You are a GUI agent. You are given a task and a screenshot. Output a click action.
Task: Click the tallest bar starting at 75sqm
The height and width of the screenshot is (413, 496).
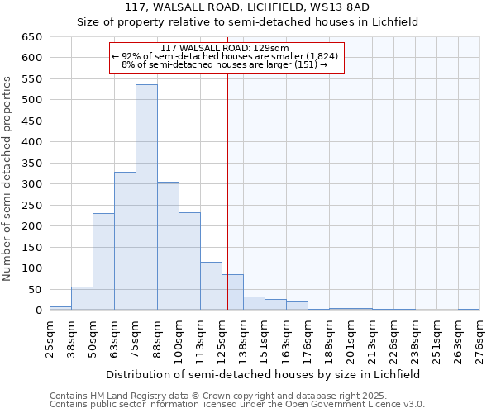[146, 197]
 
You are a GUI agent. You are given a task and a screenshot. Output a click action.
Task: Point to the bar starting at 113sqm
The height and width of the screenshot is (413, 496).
[211, 286]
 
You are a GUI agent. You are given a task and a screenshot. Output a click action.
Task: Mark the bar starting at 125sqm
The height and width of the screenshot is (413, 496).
[232, 292]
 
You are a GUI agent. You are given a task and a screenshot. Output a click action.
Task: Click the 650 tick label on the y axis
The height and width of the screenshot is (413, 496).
[31, 37]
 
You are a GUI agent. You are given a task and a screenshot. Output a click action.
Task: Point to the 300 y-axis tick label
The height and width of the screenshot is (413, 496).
[31, 184]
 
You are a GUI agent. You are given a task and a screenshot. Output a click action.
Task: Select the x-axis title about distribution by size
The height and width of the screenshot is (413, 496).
[263, 374]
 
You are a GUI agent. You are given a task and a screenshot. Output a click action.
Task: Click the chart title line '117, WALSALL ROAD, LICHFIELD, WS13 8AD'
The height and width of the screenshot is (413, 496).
[248, 7]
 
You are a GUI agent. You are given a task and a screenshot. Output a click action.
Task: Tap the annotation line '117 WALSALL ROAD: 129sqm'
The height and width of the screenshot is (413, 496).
[224, 49]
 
